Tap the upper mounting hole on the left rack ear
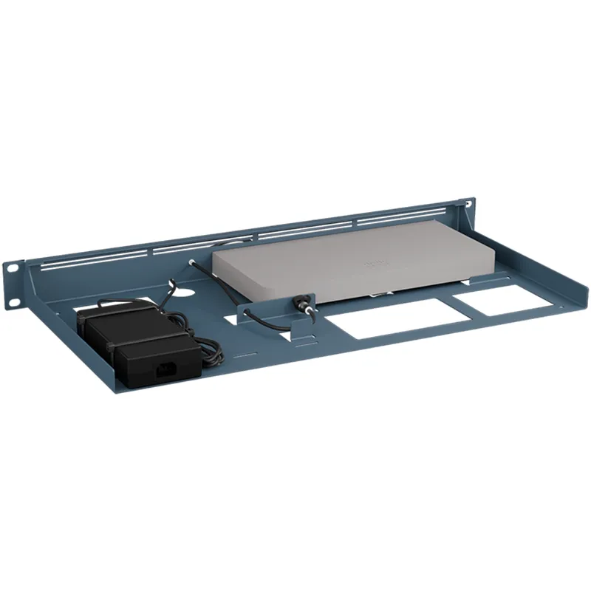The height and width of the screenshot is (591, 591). tap(13, 268)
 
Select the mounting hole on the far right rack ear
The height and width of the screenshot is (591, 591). tap(467, 202)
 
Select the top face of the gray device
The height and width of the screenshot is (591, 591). tap(347, 255)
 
